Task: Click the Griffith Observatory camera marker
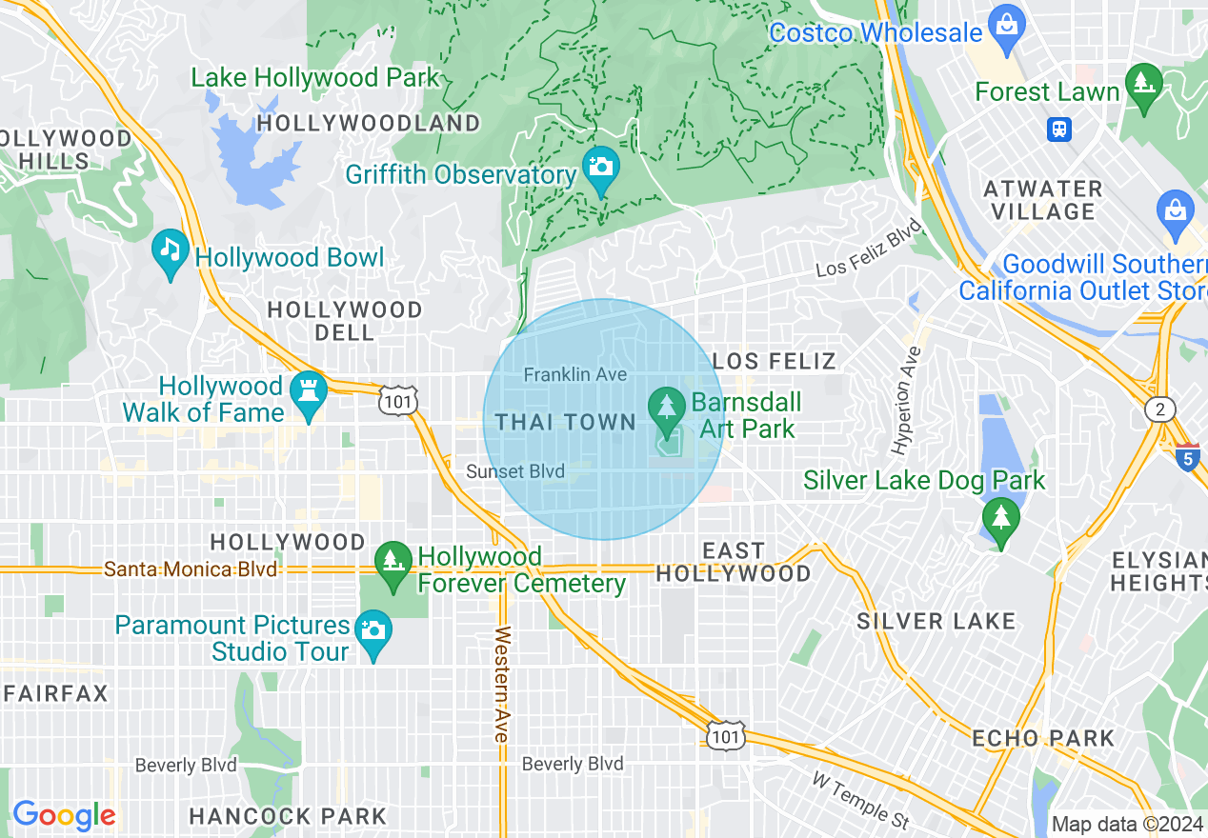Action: (600, 168)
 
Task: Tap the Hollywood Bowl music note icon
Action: (171, 251)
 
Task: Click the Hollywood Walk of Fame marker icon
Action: (309, 392)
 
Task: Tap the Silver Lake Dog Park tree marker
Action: (1000, 519)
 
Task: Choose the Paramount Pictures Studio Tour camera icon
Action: (372, 631)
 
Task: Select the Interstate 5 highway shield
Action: (1187, 457)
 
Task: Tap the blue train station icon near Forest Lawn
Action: (1058, 129)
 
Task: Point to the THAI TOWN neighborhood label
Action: (566, 422)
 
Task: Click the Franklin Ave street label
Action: (575, 375)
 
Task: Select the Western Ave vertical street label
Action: (502, 684)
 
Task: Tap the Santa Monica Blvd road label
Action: (191, 569)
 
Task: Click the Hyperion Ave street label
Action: (906, 400)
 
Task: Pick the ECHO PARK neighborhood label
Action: (1043, 738)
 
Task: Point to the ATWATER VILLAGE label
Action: (1043, 200)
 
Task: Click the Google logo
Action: (64, 815)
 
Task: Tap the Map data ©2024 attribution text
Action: (1127, 824)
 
